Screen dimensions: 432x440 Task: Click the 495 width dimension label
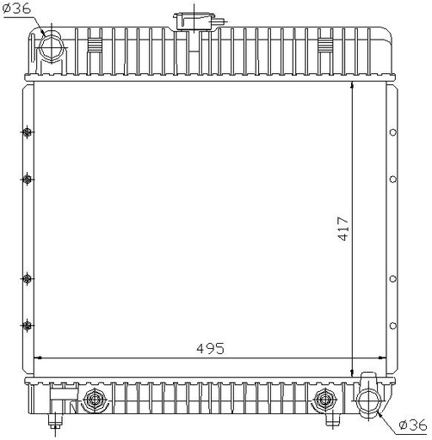[210, 349]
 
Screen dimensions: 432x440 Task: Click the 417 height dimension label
[343, 229]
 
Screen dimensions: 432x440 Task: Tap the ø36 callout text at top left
[16, 9]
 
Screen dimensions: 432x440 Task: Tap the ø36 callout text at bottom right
[413, 425]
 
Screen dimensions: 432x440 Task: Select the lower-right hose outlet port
[368, 400]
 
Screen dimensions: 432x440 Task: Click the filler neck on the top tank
[195, 21]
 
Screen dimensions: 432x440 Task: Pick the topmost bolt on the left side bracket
[28, 132]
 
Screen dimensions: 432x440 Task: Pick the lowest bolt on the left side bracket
[28, 326]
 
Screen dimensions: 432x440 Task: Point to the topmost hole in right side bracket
[393, 132]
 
